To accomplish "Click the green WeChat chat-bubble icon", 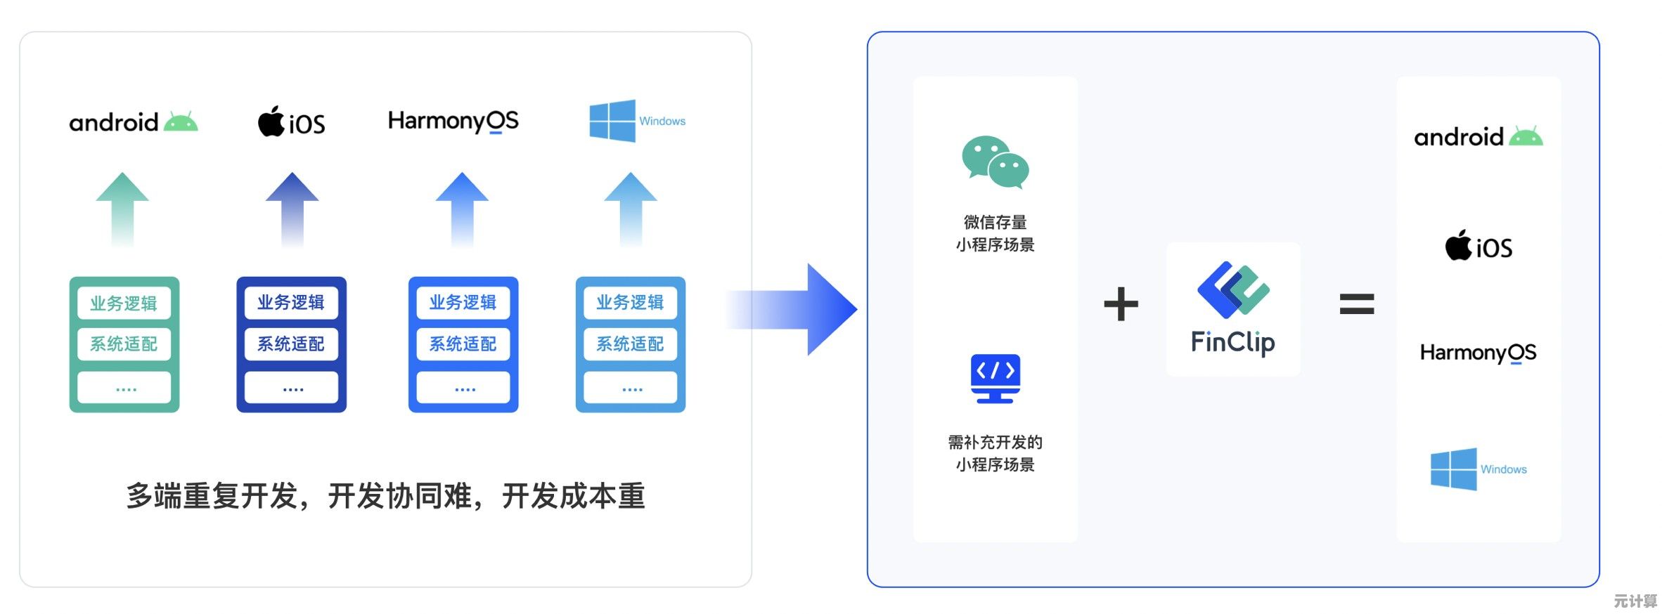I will coord(995,162).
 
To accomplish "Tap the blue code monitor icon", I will coord(995,378).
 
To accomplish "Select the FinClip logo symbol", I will coord(1233,289).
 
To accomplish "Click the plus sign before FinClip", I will coord(1121,304).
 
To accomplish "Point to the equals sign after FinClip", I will coord(1356,304).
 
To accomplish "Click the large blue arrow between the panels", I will coord(801,309).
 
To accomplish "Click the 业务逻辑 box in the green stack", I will coord(124,303).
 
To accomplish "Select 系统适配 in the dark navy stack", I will coord(291,344).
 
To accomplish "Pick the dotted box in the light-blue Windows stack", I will coord(631,388).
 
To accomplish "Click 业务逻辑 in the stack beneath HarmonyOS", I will coord(463,303).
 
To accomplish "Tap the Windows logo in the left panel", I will coord(612,121).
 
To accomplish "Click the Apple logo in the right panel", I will coord(1458,245).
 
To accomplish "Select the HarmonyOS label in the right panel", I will coord(1478,353).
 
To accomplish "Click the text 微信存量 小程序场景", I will coord(995,233).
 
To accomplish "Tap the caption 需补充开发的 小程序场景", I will coord(995,453).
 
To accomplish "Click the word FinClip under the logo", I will coord(1232,343).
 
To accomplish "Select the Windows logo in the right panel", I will coord(1453,469).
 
